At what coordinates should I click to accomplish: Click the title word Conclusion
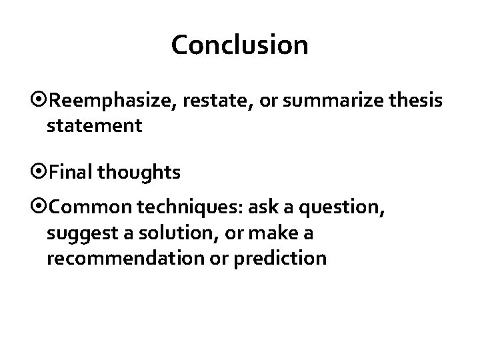tap(239, 45)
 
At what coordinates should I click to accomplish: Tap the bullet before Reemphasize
tap(41, 101)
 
